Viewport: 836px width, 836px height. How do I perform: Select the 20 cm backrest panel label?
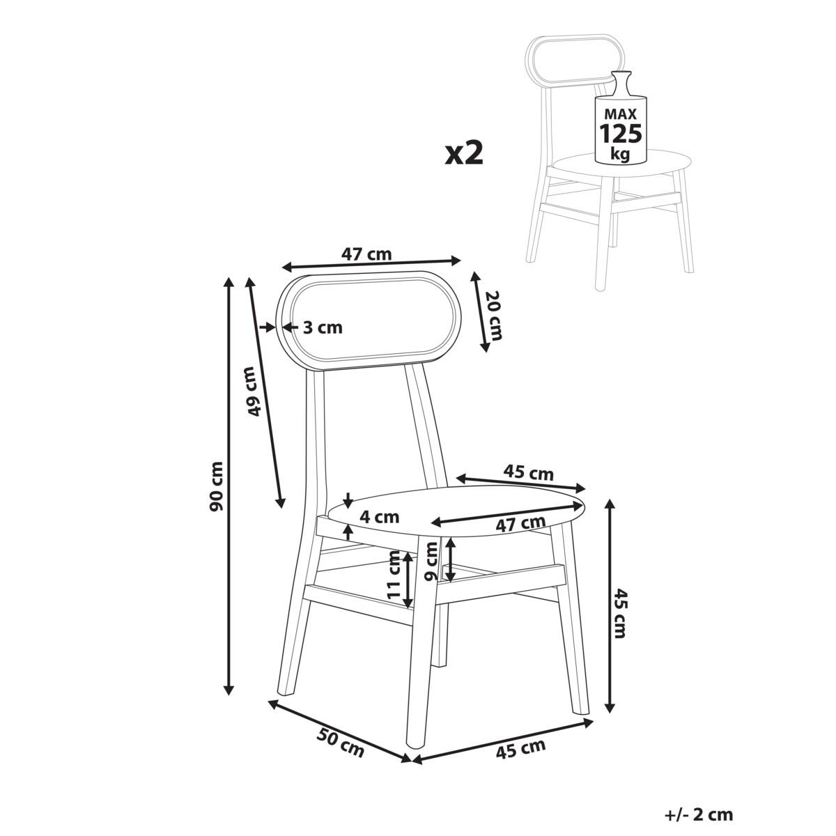(x=493, y=316)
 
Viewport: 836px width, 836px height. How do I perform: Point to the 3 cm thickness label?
(x=323, y=327)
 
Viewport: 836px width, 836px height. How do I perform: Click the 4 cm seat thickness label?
(x=379, y=517)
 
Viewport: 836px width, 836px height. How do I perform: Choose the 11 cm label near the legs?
(x=394, y=575)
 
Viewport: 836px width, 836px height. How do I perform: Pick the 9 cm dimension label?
(x=432, y=562)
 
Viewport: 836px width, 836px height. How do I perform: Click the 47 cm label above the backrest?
(x=366, y=254)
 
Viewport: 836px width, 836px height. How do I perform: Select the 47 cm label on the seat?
(x=520, y=524)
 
